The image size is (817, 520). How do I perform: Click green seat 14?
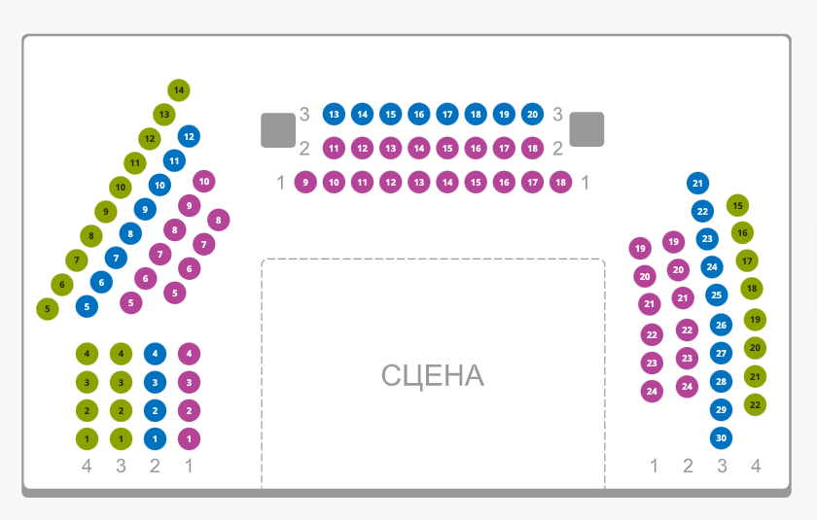click(179, 90)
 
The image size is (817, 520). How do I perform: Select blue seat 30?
click(721, 437)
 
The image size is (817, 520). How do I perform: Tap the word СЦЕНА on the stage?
click(432, 375)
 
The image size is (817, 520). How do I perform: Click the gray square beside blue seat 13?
click(278, 130)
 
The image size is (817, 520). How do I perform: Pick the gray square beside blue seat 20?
click(586, 129)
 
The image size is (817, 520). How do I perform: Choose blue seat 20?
click(532, 115)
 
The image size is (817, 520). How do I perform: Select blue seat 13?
click(334, 115)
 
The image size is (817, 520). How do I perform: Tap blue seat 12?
click(189, 136)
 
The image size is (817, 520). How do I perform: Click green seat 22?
click(756, 404)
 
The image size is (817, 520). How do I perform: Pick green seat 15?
click(738, 205)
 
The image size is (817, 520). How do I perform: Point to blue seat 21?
click(697, 183)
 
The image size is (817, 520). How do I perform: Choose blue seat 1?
click(155, 438)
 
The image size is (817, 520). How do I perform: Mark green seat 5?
click(47, 309)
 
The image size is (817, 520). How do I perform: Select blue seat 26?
click(721, 325)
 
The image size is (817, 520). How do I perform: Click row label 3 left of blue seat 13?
click(304, 115)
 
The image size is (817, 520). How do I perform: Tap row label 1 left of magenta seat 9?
click(280, 182)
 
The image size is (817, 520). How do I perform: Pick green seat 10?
click(120, 187)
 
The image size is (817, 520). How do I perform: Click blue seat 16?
click(418, 115)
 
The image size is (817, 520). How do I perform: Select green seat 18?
click(752, 289)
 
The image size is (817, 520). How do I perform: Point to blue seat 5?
click(88, 306)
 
